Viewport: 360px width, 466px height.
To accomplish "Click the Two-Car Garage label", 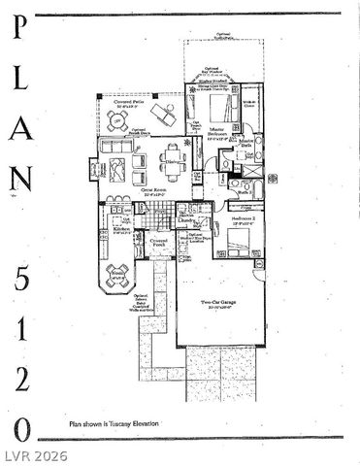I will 221,304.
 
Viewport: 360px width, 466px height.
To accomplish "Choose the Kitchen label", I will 121,229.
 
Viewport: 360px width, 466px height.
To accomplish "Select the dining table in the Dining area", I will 173,167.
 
